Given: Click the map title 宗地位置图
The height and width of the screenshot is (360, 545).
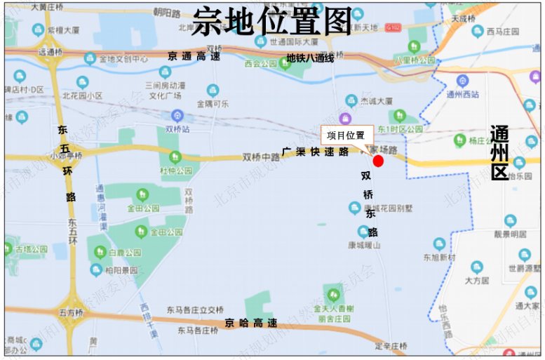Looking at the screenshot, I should click(x=272, y=22).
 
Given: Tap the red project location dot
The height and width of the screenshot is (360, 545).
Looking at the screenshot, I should click(x=378, y=161).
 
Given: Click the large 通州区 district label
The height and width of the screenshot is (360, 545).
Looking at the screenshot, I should click(x=499, y=154).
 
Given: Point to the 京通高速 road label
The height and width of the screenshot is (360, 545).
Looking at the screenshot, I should click(x=194, y=56).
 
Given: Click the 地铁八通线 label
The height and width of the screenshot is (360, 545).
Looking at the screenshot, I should click(x=309, y=58).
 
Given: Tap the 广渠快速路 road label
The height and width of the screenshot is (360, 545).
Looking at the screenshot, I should click(x=315, y=152).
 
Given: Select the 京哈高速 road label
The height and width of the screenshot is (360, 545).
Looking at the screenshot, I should click(x=250, y=323).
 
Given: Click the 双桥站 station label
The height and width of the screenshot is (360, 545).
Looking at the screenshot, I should click(x=177, y=130).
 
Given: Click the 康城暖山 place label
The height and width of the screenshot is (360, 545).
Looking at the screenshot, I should click(x=364, y=245).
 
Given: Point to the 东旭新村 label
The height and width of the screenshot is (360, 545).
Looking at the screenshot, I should click(x=439, y=258).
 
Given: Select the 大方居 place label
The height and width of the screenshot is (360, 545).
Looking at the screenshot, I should click(x=476, y=280).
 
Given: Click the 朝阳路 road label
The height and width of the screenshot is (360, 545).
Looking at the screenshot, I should click(x=168, y=12).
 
